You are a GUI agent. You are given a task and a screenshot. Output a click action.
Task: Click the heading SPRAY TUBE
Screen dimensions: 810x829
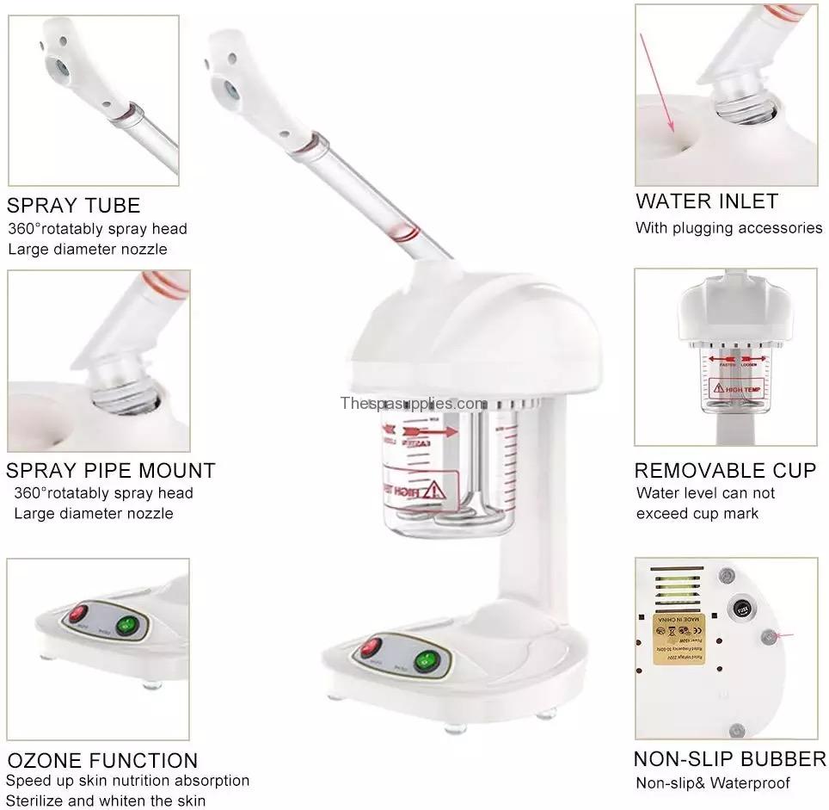(x=73, y=206)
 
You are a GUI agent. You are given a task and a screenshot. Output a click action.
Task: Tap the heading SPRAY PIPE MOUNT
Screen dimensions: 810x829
(x=111, y=471)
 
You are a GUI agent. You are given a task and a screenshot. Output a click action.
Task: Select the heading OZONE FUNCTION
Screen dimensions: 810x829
(x=102, y=760)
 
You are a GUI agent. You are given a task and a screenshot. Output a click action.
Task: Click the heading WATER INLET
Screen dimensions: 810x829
(x=707, y=201)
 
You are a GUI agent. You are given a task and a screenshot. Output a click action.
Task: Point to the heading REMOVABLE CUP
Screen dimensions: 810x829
(x=725, y=471)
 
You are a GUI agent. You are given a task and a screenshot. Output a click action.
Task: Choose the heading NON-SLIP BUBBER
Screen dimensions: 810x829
(x=729, y=759)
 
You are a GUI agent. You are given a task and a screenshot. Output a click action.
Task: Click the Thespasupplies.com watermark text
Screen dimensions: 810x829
(x=414, y=403)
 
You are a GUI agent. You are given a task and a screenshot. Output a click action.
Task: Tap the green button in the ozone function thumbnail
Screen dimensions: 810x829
(x=129, y=626)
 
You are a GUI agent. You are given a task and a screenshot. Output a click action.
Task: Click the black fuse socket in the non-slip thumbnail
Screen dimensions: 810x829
(x=738, y=609)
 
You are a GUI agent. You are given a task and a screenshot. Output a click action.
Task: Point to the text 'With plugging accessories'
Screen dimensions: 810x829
(x=728, y=228)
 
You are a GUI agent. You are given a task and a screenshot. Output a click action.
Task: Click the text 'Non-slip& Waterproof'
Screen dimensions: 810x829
(x=713, y=783)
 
